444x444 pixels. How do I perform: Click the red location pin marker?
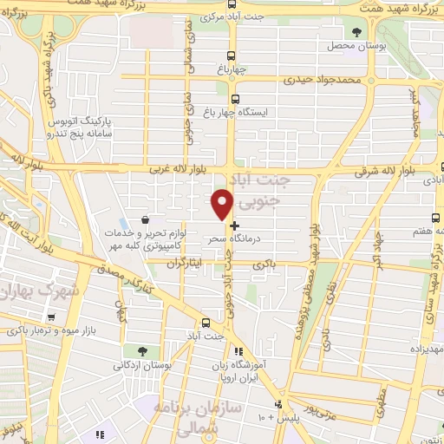(x=222, y=204)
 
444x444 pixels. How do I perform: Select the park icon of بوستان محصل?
(x=356, y=32)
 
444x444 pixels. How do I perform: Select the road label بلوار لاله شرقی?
(x=386, y=173)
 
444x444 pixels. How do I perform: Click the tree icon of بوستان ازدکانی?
(x=141, y=350)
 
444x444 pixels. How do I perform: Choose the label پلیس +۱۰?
(x=275, y=418)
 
